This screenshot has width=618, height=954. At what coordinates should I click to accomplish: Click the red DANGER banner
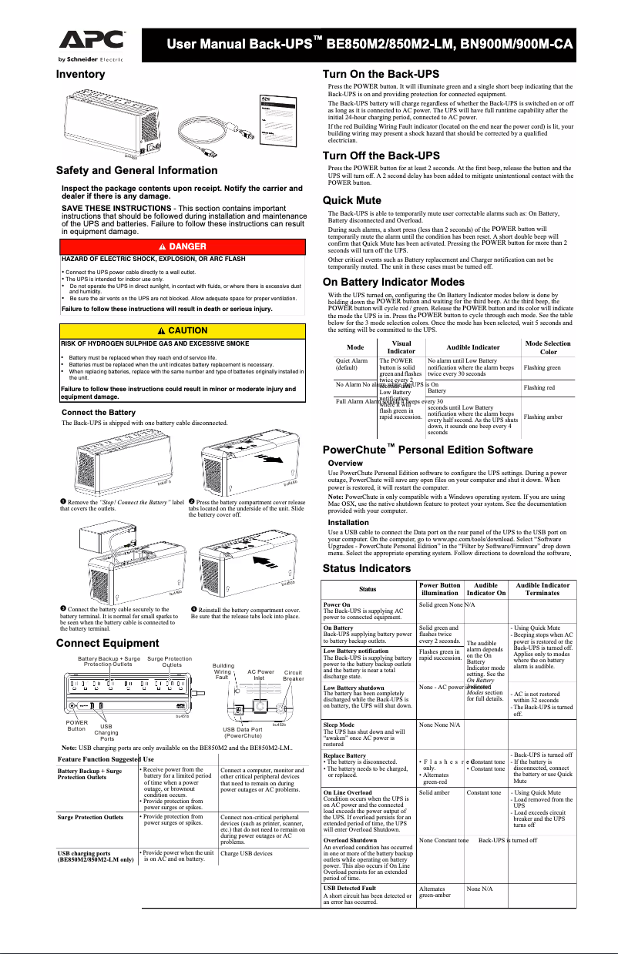(x=182, y=245)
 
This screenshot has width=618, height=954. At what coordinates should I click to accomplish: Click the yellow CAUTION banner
(x=182, y=330)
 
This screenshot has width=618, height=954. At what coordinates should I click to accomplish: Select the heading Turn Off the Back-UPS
(x=386, y=156)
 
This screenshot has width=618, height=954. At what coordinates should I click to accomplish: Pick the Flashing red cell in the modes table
(x=539, y=387)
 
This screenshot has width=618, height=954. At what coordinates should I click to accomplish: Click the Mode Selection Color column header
(x=547, y=346)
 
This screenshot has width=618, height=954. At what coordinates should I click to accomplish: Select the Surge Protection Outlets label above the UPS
(x=170, y=662)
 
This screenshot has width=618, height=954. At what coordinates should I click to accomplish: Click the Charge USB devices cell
(x=247, y=853)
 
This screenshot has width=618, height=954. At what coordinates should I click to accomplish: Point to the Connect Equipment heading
(x=108, y=642)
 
